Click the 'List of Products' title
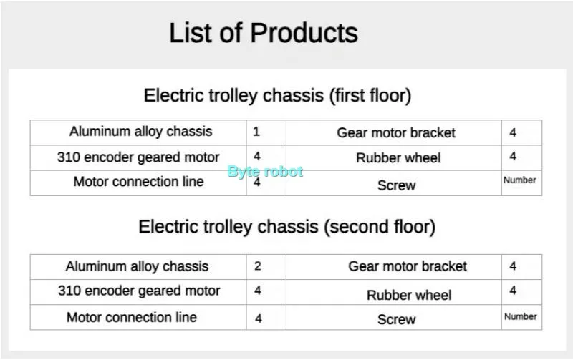click(263, 33)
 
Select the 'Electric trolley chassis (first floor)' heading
click(277, 95)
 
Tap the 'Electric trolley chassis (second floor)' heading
click(286, 227)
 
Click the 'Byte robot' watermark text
click(265, 172)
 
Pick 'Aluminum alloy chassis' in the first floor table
click(140, 132)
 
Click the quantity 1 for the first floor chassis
click(256, 132)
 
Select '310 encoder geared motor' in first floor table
click(138, 157)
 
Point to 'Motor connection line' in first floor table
click(138, 182)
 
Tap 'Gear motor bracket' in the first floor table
click(396, 132)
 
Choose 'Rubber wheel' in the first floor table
click(398, 158)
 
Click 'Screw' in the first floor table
click(396, 185)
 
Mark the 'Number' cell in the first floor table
click(520, 180)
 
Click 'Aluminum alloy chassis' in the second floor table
click(137, 266)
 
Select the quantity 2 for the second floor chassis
click(257, 266)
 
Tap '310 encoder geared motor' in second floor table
click(139, 291)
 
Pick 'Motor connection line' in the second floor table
click(132, 317)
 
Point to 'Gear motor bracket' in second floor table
click(408, 266)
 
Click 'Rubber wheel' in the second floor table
click(409, 295)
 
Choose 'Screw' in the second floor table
click(396, 320)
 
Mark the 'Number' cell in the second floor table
click(520, 316)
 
